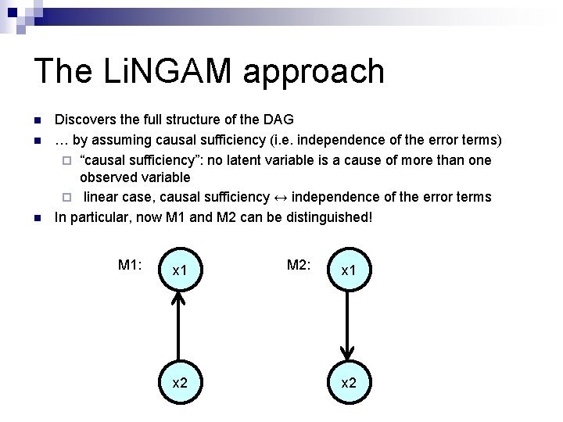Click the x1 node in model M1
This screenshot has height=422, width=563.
(x=180, y=270)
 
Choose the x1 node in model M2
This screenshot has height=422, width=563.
(x=348, y=270)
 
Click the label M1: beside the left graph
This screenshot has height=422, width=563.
(x=129, y=265)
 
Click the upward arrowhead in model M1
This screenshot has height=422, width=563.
(x=180, y=298)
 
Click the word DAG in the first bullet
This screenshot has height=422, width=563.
(x=278, y=120)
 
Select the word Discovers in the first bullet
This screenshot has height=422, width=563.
(x=81, y=120)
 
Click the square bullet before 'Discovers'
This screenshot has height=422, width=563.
(x=37, y=121)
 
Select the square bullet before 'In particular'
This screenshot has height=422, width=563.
(x=37, y=216)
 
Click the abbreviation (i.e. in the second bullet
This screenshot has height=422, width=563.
(x=298, y=140)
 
